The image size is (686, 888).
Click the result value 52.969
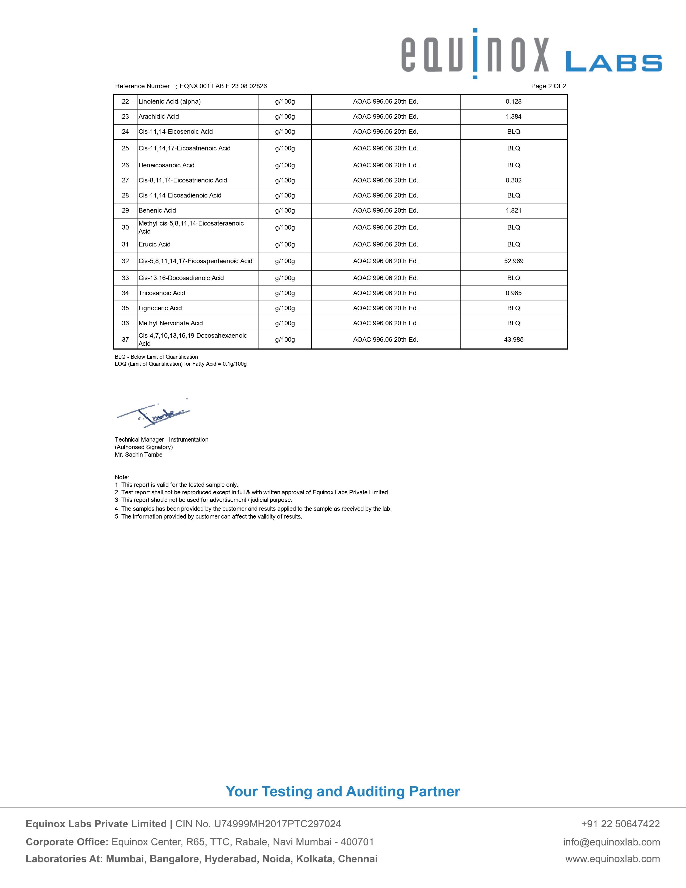coord(513,261)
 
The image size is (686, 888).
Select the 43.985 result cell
coord(513,340)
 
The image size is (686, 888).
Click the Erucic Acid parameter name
coord(154,244)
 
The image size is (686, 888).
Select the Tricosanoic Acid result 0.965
coord(513,293)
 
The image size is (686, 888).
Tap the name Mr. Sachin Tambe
coord(139,454)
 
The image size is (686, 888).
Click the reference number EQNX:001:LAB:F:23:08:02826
coord(223,86)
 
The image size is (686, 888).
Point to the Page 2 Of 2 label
coord(548,86)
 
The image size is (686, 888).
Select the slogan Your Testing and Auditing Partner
coord(342,791)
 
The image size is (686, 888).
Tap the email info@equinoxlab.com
coord(611,842)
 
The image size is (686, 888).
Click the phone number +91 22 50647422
coord(620,824)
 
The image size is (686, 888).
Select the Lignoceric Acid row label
coord(160,308)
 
